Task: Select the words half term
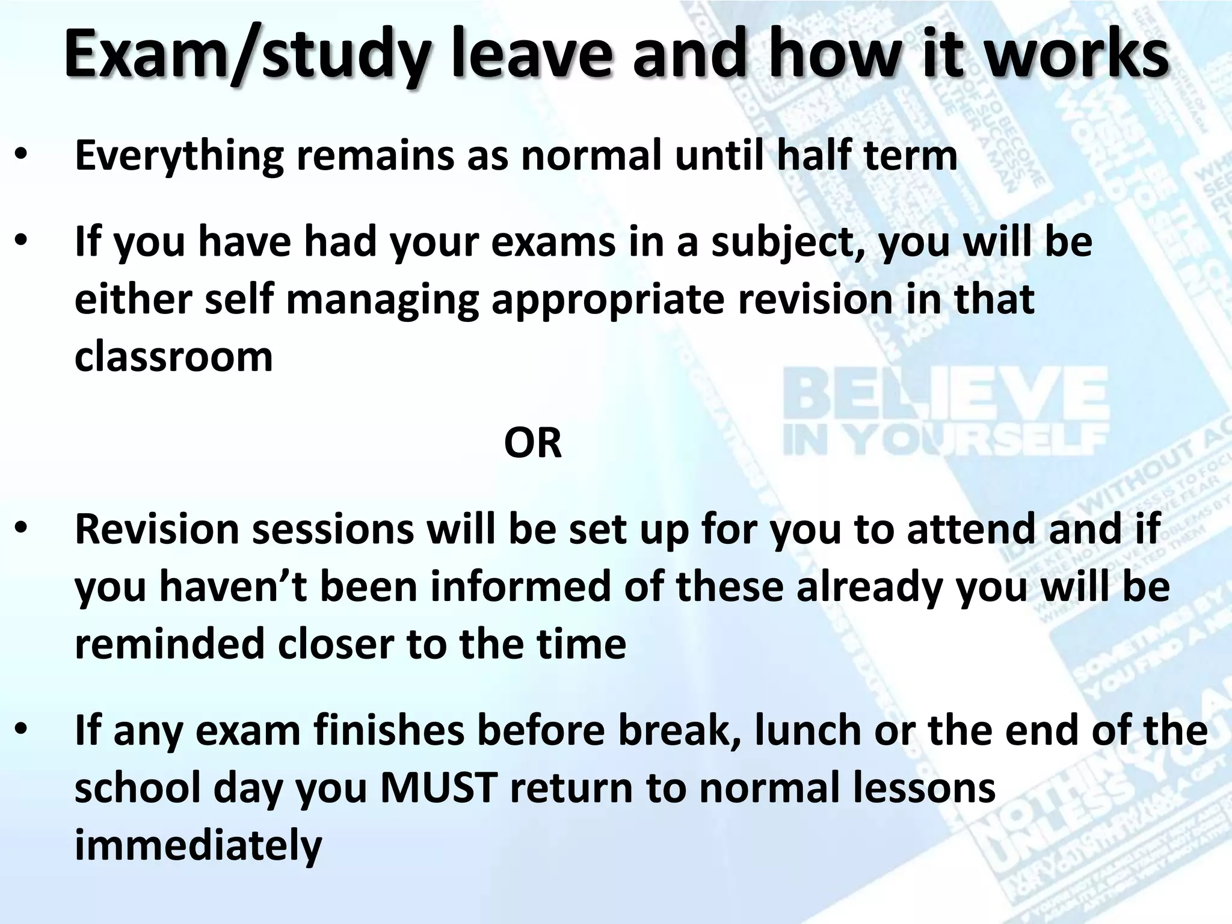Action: (x=867, y=155)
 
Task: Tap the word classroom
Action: (x=173, y=356)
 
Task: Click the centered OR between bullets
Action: (x=532, y=443)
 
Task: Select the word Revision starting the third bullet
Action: (x=157, y=528)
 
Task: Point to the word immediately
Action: (x=198, y=846)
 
